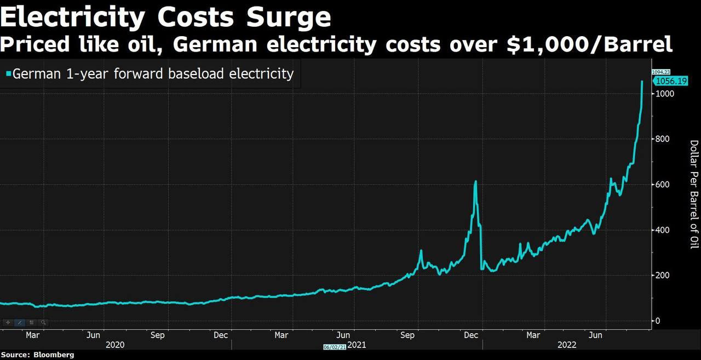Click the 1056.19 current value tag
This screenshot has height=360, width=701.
coord(671,81)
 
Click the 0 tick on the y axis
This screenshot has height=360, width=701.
coord(658,321)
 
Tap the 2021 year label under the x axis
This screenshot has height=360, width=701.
coord(357,345)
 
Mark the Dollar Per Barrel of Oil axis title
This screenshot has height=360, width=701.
coord(694,194)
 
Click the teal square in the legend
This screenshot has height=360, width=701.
coord(8,73)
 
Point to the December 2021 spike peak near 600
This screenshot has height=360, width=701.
coord(475,181)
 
